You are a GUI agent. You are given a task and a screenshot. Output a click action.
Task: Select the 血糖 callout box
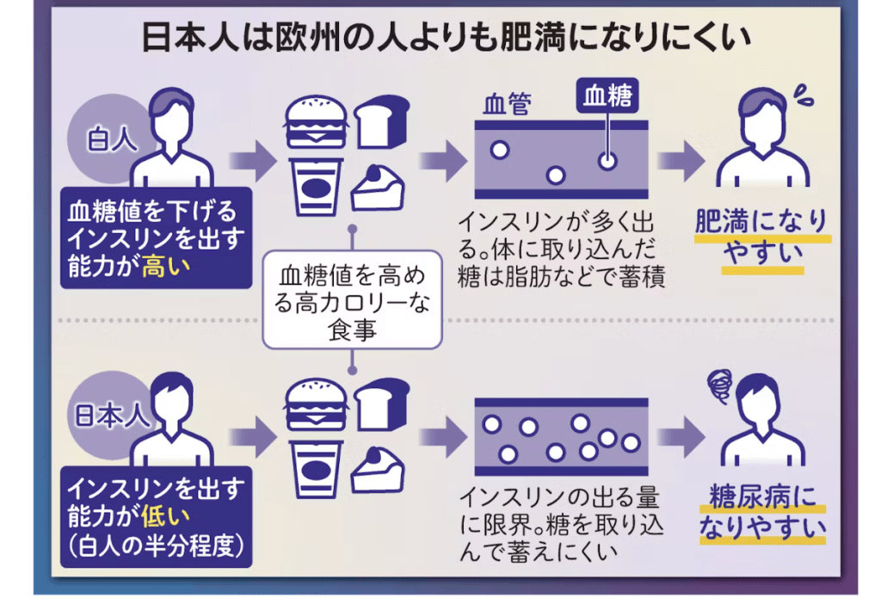pyautogui.click(x=607, y=96)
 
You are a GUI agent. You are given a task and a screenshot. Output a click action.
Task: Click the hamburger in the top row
pyautogui.click(x=316, y=126)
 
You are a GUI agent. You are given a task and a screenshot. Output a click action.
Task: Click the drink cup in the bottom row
pyautogui.click(x=317, y=471)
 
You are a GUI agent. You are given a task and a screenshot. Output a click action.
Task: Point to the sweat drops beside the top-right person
pyautogui.click(x=804, y=96)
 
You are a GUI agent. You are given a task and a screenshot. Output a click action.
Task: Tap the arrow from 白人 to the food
pyautogui.click(x=251, y=160)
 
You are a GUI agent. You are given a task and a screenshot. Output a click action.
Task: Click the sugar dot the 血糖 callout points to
pyautogui.click(x=607, y=161)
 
